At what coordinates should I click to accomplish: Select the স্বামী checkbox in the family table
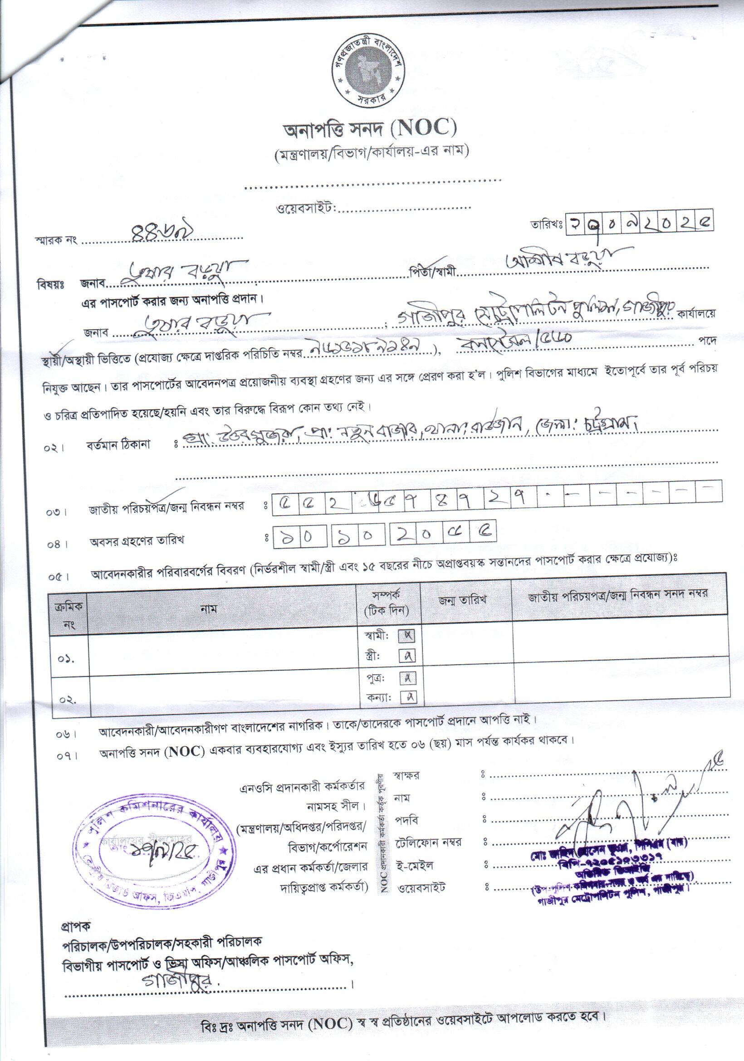tap(407, 636)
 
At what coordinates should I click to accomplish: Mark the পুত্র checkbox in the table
tap(407, 678)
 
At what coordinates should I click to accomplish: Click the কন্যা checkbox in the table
tap(407, 698)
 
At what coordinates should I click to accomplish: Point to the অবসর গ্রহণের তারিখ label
tap(137, 540)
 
